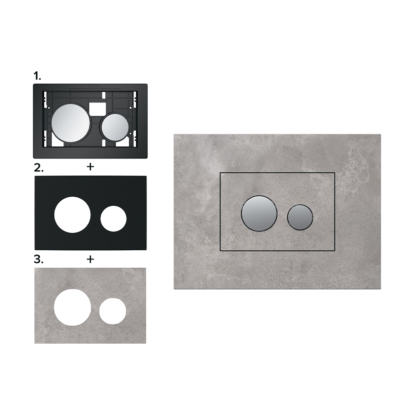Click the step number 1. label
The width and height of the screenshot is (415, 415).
point(37,76)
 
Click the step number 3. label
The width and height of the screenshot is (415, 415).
point(39,259)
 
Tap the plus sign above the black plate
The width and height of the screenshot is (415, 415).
point(90,167)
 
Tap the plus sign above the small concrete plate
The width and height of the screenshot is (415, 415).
point(90,259)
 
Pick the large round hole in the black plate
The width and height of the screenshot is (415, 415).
point(73,215)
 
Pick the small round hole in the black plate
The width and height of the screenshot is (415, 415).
point(114,219)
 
